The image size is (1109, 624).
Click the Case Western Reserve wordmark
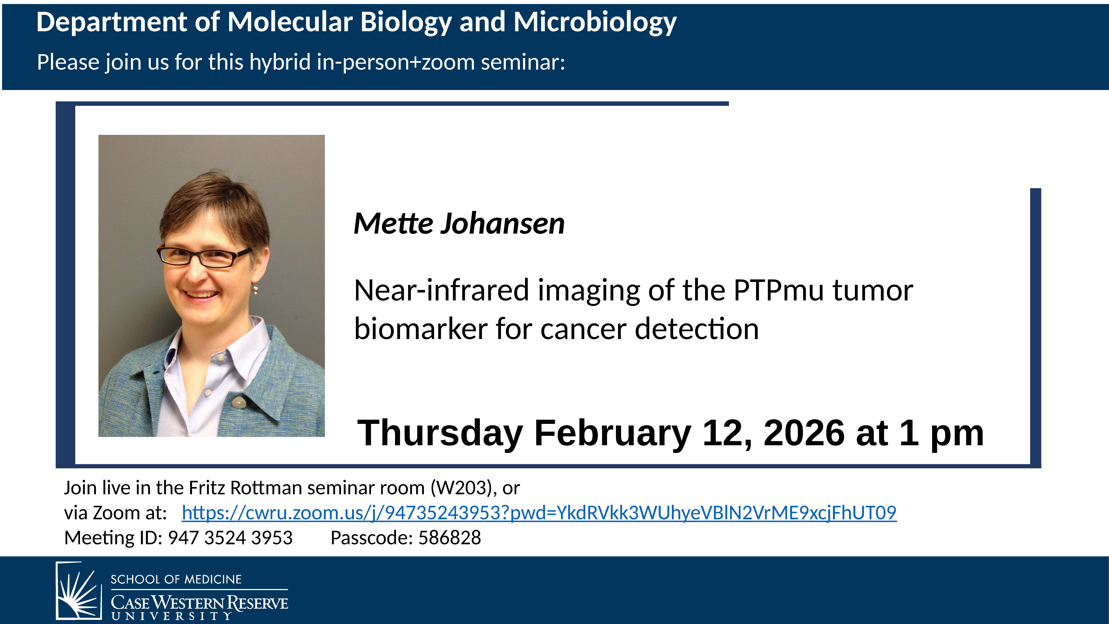(x=199, y=603)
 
